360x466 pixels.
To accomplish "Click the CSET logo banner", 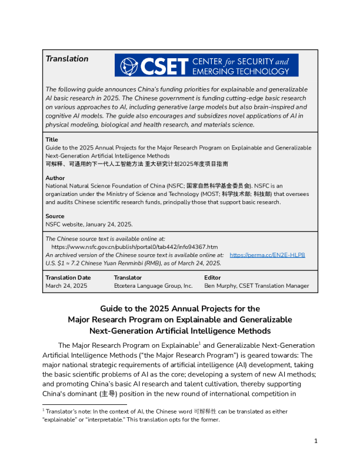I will point(206,65).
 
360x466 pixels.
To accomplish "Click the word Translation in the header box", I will point(67,59).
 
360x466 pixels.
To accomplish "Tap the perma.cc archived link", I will point(267,255).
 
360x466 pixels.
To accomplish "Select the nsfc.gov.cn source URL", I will point(135,247).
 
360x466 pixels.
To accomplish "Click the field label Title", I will point(52,139).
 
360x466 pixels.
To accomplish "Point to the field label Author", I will point(55,178).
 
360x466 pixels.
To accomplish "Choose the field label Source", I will point(55,217).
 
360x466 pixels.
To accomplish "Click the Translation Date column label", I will point(68,277).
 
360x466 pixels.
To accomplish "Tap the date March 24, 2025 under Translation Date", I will point(66,285).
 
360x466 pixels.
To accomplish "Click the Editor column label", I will point(212,277).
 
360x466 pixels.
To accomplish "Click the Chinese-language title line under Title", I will point(136,163).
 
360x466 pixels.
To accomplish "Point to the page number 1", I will point(316,441).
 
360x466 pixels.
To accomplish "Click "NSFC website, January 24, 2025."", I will point(89,224).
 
